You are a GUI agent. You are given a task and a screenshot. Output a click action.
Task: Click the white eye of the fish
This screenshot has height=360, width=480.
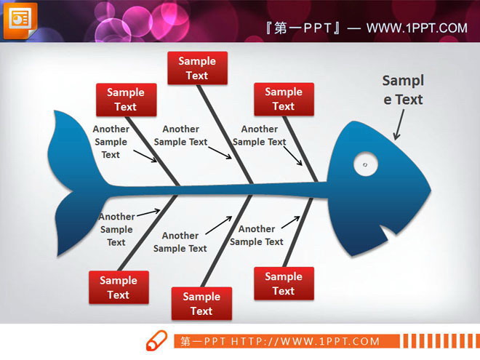pos(365,164)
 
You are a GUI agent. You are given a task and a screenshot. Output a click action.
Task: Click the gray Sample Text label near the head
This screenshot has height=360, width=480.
pos(403,90)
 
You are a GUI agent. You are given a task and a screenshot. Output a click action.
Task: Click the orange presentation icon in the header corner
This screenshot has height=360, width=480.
pos(20,20)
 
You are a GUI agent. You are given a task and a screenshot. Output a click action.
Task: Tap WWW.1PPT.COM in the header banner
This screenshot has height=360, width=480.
pos(416,28)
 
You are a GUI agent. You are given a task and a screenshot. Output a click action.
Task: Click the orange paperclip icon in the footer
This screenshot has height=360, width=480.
pos(157,340)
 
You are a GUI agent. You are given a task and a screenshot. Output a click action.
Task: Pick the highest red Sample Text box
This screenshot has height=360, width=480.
pos(197,68)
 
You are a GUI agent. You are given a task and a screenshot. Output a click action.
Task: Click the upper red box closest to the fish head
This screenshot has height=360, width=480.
pos(284,99)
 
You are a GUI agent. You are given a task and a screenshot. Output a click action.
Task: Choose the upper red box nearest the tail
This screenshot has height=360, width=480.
pos(125,100)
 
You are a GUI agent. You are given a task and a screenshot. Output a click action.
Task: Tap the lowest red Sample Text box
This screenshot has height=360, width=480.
pos(201,304)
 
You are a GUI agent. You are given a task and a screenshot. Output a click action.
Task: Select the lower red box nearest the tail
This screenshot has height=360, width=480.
pos(119,287)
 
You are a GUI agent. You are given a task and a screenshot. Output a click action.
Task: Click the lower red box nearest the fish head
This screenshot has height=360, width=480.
pos(284,284)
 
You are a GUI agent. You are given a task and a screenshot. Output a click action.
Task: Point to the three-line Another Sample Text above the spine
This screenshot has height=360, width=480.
pos(111,142)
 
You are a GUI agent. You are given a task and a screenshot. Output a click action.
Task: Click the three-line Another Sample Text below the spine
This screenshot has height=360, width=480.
pos(116,229)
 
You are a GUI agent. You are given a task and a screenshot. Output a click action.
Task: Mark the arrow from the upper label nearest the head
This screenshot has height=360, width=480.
pos(292,154)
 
